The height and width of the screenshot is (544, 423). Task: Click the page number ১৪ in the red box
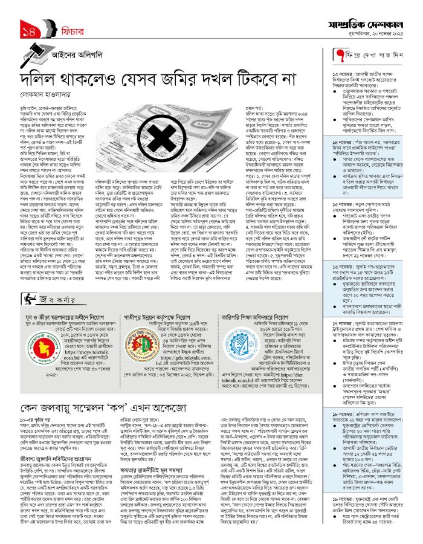tap(28, 30)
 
